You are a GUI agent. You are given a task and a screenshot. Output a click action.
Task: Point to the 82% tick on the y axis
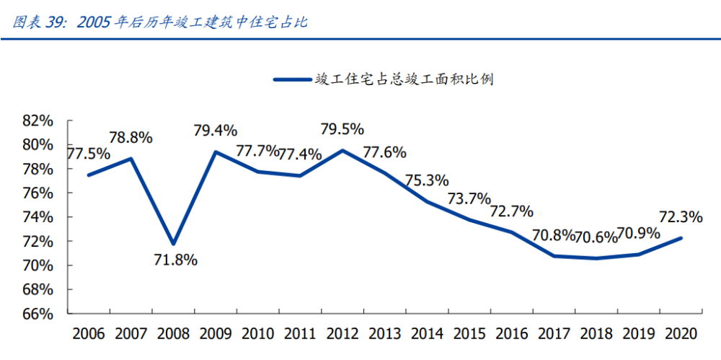[x=38, y=120]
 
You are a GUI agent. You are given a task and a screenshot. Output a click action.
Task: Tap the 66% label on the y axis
[x=38, y=314]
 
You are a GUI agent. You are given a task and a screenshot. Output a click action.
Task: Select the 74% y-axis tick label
[x=38, y=217]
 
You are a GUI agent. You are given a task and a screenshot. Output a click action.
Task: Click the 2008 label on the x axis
[x=173, y=334]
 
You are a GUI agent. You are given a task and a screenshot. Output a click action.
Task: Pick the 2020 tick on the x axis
[x=681, y=334]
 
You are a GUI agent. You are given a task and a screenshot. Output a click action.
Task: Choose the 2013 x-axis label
[x=385, y=334]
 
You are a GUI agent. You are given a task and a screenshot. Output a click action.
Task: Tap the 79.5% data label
[x=342, y=130]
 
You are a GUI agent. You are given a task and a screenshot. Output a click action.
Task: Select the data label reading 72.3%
[x=680, y=216]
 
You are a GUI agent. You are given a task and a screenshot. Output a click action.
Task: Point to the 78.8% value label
[x=131, y=138]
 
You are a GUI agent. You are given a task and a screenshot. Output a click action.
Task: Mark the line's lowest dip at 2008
[x=173, y=244]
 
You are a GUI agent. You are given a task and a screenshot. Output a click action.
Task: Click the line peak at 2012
[x=342, y=150]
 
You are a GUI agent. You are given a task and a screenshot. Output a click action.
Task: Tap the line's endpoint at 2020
[x=681, y=238]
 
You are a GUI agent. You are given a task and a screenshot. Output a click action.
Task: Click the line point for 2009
[x=215, y=152]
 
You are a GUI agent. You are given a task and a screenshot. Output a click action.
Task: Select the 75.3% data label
[x=426, y=180]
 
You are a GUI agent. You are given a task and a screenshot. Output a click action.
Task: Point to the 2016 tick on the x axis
[x=512, y=334]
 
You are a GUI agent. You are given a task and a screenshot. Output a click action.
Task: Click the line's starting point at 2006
[x=88, y=175]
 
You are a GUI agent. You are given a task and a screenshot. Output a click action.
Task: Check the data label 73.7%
[x=469, y=198]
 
